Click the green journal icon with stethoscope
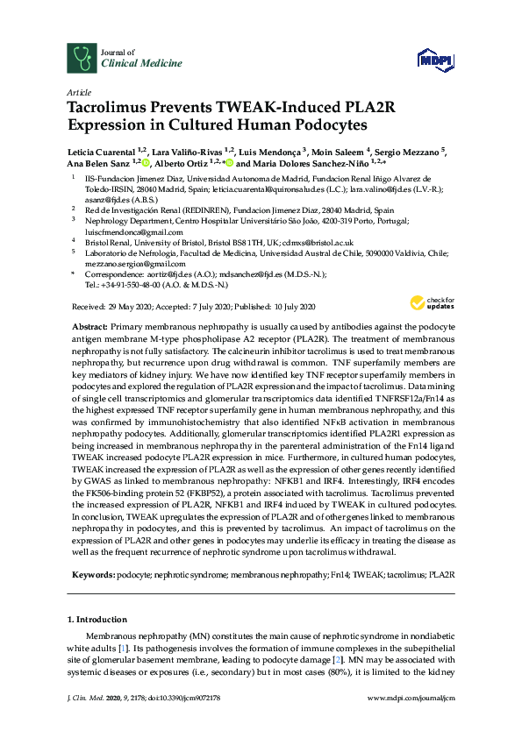click(81, 59)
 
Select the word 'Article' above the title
click(78, 91)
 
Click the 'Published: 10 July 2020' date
click(284, 308)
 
